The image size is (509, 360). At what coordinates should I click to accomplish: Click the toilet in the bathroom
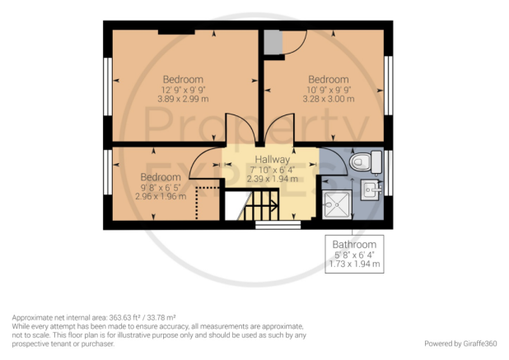(x=366, y=161)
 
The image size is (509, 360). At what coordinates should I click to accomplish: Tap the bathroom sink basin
(x=371, y=189)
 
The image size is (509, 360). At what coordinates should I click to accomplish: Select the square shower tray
(x=337, y=204)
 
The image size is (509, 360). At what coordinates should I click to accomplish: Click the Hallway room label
(x=272, y=159)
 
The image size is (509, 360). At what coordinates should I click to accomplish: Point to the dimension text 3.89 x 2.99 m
(x=183, y=99)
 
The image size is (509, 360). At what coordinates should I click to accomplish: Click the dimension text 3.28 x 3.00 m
(x=329, y=99)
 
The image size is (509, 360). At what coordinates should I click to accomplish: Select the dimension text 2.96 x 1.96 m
(x=161, y=196)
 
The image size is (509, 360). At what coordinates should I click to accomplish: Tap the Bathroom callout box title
(x=354, y=245)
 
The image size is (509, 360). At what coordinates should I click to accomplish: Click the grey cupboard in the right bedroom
(x=273, y=42)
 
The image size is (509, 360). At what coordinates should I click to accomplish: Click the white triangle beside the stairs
(x=236, y=205)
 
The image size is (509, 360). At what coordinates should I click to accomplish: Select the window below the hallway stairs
(x=278, y=225)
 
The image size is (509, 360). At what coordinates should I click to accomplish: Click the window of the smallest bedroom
(x=108, y=171)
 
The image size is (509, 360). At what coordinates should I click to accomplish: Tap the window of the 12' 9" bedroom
(x=108, y=86)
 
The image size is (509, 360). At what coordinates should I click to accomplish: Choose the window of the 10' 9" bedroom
(x=388, y=86)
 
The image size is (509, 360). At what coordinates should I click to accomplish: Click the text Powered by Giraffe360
(x=460, y=344)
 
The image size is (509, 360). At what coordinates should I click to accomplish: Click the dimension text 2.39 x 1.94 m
(x=272, y=179)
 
